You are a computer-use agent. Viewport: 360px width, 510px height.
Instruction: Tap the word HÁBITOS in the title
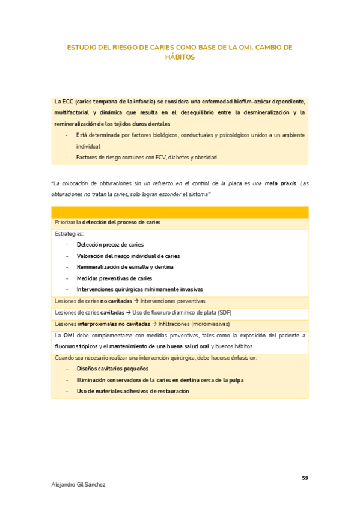click(x=180, y=58)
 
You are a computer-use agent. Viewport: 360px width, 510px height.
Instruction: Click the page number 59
click(x=305, y=478)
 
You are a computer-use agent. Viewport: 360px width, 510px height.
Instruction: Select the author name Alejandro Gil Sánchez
click(x=79, y=484)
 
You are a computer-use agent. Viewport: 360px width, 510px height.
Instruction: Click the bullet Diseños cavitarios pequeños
click(x=112, y=369)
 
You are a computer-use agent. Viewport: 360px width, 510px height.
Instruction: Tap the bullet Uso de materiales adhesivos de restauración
click(x=133, y=391)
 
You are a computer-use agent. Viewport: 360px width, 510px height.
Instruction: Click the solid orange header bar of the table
click(x=180, y=212)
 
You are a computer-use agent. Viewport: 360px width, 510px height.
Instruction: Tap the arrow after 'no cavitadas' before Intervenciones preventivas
click(x=136, y=301)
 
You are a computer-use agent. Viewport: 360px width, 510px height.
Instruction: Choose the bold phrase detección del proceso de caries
click(x=121, y=223)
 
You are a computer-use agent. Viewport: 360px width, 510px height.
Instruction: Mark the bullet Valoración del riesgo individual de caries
click(x=128, y=256)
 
